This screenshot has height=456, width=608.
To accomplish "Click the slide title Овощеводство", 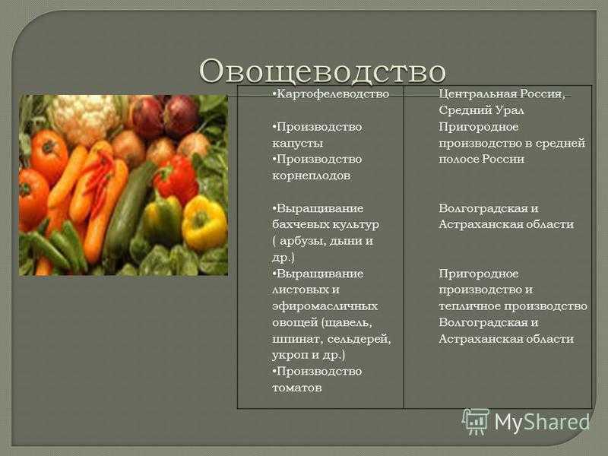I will click(x=322, y=71).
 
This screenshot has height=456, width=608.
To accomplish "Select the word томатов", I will click(x=296, y=388).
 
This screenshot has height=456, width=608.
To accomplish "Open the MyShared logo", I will click(x=526, y=421).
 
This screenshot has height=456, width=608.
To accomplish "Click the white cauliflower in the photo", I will click(x=85, y=118).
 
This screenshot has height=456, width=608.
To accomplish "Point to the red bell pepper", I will click(x=176, y=180).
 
